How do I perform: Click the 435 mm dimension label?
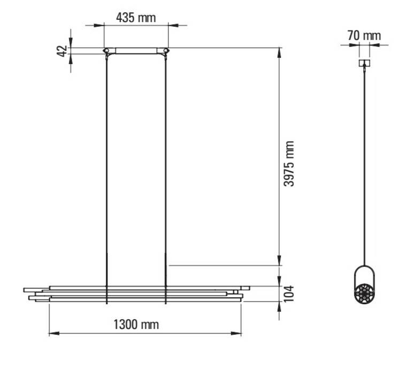coord(136,18)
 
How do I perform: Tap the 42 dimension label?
coord(62,51)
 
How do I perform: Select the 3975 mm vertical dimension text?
coord(289,164)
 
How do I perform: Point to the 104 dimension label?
coord(289,294)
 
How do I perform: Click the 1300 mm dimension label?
coord(136,325)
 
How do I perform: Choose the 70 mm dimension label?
coord(364,36)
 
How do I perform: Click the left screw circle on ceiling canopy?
coord(106,50)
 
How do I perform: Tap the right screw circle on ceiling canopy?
coord(166,50)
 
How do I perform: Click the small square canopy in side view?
coord(364,63)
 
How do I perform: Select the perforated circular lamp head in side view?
coord(364,293)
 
